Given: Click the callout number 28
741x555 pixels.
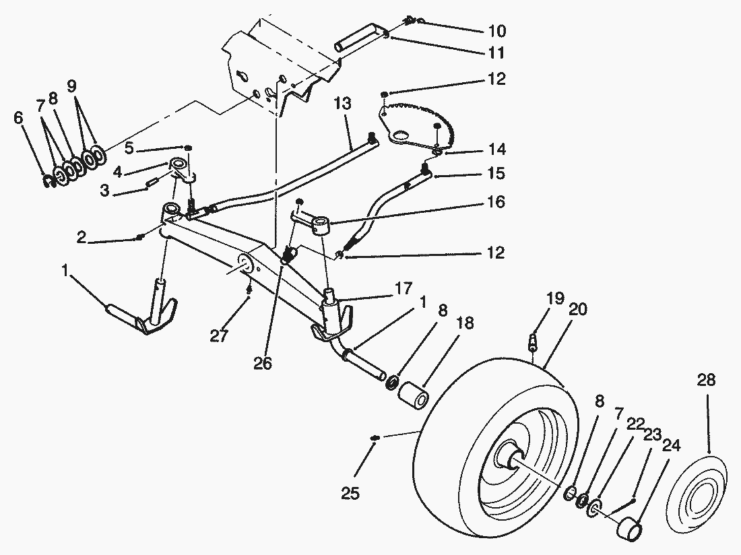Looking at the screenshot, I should click(707, 380).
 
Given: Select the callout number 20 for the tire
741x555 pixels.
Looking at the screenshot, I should click(577, 310).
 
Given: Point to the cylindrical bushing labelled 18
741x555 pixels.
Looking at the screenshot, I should click(414, 395).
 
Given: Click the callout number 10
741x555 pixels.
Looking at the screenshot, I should click(496, 31).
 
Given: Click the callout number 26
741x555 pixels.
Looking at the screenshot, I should click(263, 363).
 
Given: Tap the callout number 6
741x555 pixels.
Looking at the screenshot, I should click(18, 118).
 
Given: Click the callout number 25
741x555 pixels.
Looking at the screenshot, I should click(350, 494).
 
